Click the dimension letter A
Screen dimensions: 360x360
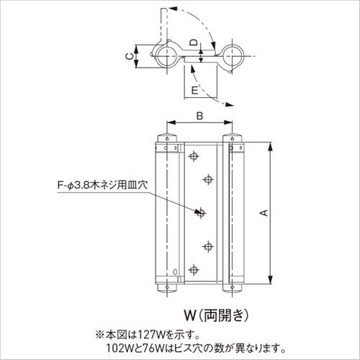[x=264, y=212]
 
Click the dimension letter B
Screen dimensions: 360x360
[x=199, y=116]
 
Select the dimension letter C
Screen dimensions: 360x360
[x=130, y=56]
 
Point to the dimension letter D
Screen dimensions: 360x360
[x=194, y=42]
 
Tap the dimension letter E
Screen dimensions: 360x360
[x=194, y=91]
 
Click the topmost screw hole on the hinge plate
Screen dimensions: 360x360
[x=194, y=156]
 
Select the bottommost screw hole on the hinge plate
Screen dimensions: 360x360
[x=194, y=270]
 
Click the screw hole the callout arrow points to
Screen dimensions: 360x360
[x=201, y=213]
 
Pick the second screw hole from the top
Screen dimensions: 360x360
[x=208, y=179]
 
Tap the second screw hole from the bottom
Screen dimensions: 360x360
[x=208, y=246]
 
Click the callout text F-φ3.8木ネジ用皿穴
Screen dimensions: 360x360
[x=102, y=186]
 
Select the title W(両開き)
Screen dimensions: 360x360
[x=216, y=315]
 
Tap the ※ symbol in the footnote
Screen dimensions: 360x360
[x=100, y=335]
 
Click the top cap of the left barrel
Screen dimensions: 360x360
[x=167, y=138]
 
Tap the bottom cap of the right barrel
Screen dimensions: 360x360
[x=232, y=288]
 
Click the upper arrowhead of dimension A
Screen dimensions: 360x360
[x=271, y=147]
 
